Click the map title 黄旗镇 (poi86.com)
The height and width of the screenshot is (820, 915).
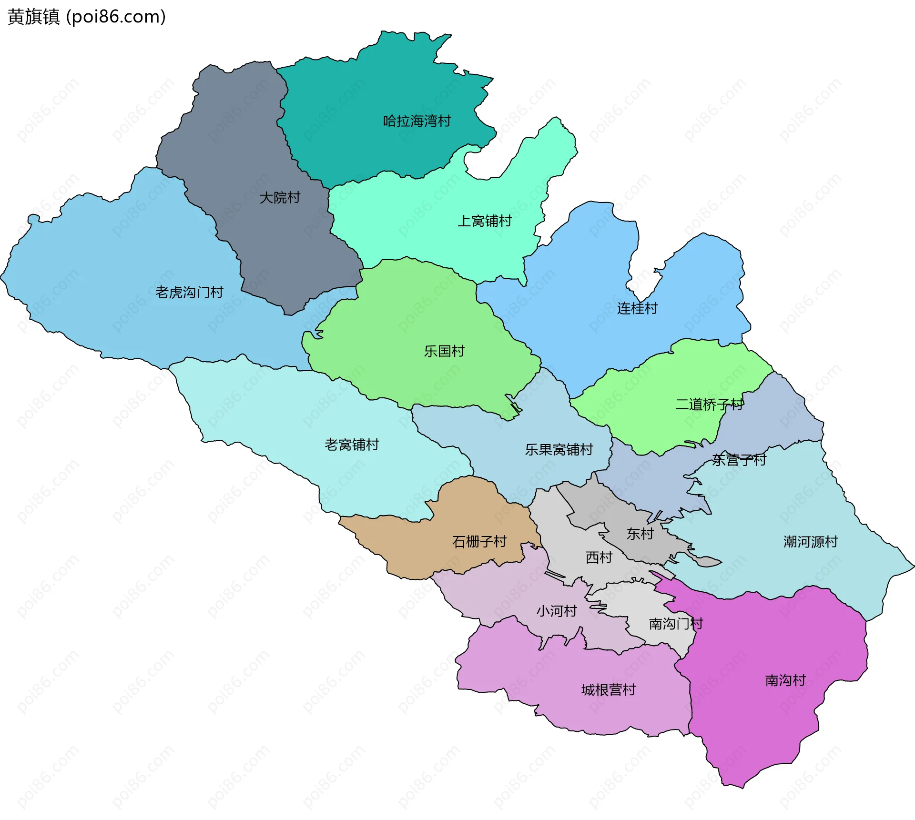pyautogui.click(x=87, y=17)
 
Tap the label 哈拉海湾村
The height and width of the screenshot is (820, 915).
pyautogui.click(x=417, y=121)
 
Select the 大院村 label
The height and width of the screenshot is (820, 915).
pyautogui.click(x=280, y=197)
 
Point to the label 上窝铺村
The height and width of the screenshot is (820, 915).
pyautogui.click(x=484, y=221)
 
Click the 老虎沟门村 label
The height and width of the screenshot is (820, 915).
pyautogui.click(x=189, y=292)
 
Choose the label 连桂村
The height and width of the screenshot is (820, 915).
pyautogui.click(x=637, y=308)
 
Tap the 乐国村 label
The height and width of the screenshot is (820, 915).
pyautogui.click(x=444, y=351)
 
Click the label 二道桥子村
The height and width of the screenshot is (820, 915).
pyautogui.click(x=709, y=405)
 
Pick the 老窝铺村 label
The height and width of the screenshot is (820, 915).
pyautogui.click(x=352, y=445)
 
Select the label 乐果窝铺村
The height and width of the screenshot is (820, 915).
pyautogui.click(x=559, y=449)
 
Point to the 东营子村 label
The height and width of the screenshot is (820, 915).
pyautogui.click(x=739, y=460)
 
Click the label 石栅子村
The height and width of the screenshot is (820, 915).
pyautogui.click(x=479, y=542)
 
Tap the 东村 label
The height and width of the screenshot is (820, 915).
pyautogui.click(x=640, y=534)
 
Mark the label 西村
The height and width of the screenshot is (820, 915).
pyautogui.click(x=599, y=557)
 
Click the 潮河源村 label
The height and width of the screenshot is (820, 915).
pyautogui.click(x=810, y=542)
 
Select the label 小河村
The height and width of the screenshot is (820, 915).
pyautogui.click(x=557, y=611)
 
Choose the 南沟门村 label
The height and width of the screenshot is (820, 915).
pyautogui.click(x=676, y=624)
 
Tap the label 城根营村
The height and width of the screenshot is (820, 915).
pyautogui.click(x=608, y=690)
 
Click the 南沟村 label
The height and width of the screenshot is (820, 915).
pyautogui.click(x=785, y=680)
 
